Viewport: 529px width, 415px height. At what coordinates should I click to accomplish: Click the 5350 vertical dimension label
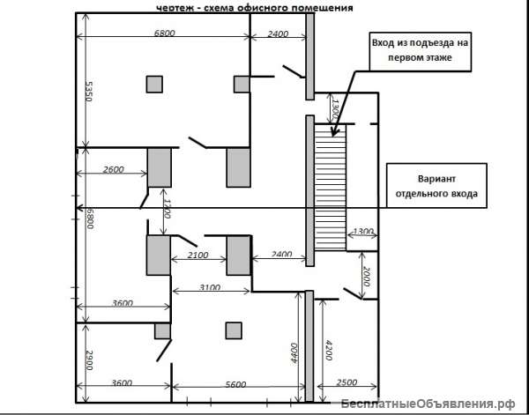coord(88,92)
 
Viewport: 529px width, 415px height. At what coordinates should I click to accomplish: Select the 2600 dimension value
coord(114,169)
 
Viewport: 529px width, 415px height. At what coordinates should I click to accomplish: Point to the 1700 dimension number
coord(167,208)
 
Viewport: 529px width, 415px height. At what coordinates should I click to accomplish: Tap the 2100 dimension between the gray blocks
coord(197,255)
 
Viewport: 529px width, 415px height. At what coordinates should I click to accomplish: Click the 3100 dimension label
coord(210,287)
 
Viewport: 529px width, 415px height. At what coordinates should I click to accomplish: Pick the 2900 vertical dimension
coord(88,360)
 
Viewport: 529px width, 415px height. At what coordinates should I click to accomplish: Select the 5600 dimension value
coord(235,384)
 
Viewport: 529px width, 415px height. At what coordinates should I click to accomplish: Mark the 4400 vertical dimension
coord(294,352)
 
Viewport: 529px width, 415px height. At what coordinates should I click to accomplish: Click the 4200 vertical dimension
coord(328,350)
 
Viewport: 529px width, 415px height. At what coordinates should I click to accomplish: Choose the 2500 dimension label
coord(346,382)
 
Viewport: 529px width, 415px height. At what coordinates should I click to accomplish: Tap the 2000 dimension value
coord(367,277)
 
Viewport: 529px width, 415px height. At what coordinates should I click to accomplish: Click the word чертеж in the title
coord(177,8)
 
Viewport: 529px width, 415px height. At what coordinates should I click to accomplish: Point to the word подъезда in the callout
coord(430,43)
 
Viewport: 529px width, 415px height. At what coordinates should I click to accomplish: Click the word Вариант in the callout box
coord(436,179)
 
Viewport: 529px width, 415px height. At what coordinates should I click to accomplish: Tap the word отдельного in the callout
coord(421,194)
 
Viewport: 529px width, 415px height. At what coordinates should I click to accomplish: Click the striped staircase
coord(331,187)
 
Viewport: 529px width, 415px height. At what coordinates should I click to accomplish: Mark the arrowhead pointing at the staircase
coord(334,132)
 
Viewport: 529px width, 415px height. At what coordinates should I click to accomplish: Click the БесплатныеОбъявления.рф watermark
coord(428,404)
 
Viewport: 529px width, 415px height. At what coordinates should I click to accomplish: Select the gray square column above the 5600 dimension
coord(234,330)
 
